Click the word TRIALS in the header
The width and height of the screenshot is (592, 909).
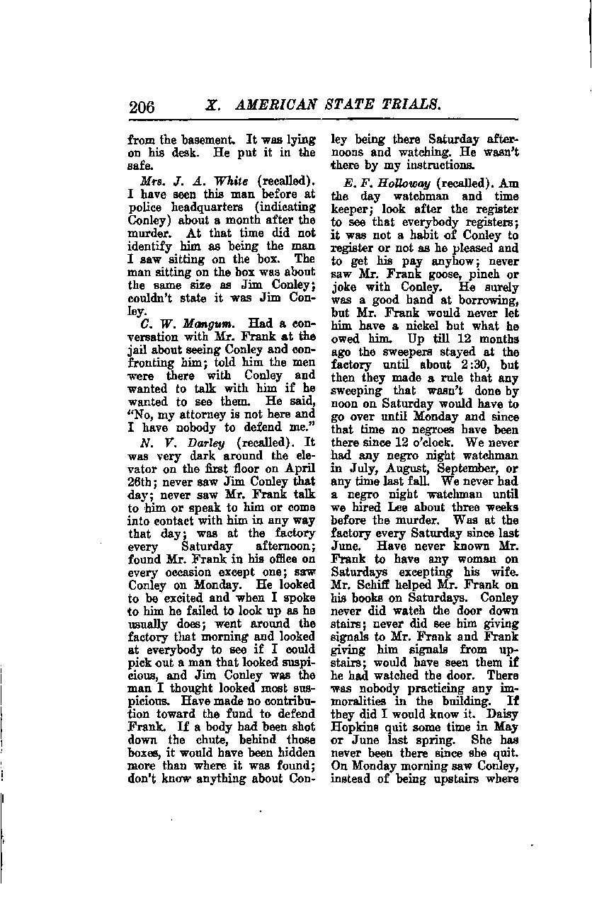click(410, 105)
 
